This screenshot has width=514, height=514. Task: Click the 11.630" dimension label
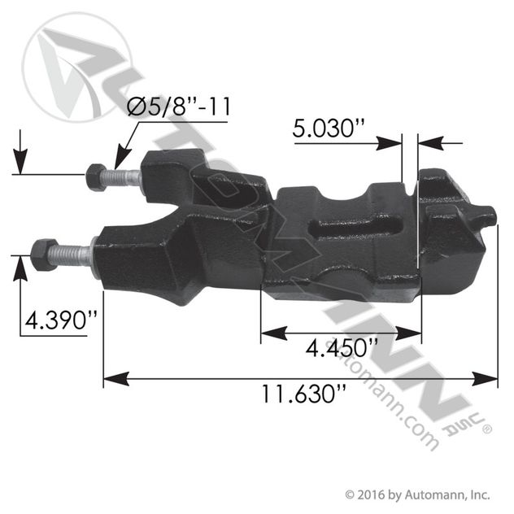click(303, 394)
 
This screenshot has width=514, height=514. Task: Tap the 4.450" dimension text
click(342, 347)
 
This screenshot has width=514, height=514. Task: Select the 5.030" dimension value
click(328, 128)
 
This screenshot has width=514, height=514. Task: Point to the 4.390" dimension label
click(61, 320)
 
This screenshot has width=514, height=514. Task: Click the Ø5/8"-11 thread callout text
click(179, 107)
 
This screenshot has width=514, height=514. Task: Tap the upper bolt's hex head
click(96, 177)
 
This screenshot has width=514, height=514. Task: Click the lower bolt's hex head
click(44, 255)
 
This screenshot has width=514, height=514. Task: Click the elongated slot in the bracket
click(356, 227)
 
